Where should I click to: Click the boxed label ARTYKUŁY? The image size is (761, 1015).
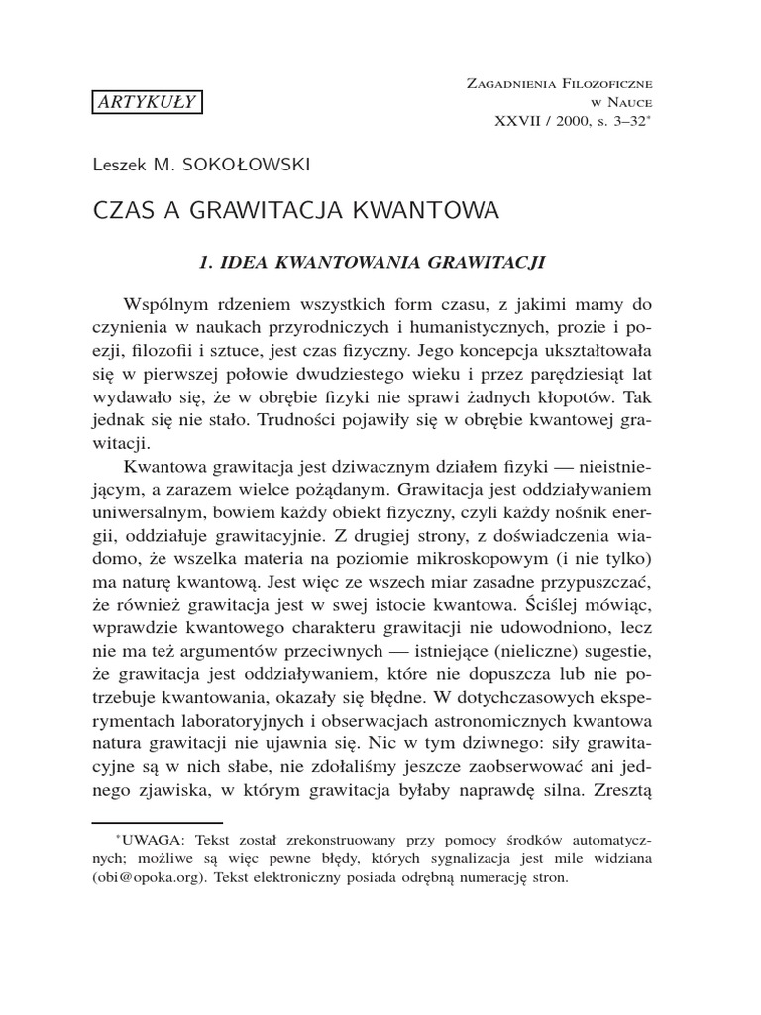point(148,101)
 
